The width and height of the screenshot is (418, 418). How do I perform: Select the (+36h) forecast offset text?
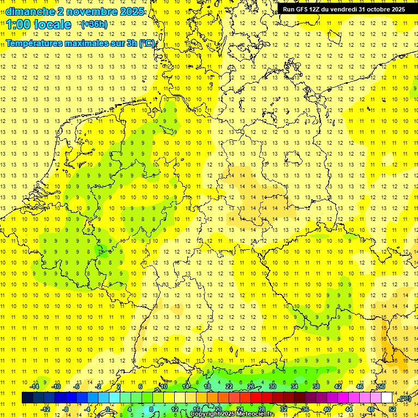point(94,24)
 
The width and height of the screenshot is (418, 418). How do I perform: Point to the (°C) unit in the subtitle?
point(146,43)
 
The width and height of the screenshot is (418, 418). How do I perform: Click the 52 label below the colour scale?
point(392,409)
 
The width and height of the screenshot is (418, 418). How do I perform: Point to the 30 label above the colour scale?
point(273,386)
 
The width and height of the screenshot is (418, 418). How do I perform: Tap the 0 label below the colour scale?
point(108,409)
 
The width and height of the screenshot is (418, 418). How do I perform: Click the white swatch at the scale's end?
point(387,398)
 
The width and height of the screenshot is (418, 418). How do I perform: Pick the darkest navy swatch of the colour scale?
point(27,398)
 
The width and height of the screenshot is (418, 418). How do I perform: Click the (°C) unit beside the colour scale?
point(404,398)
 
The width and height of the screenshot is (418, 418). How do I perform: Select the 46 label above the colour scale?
point(359,386)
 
